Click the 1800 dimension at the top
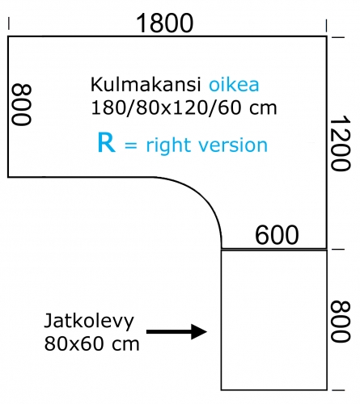(x=165, y=23)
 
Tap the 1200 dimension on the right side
(x=341, y=144)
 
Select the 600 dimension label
(x=277, y=235)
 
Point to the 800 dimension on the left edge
(x=22, y=104)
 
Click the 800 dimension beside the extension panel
(x=341, y=322)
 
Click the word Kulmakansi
(x=146, y=84)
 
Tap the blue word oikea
(x=234, y=84)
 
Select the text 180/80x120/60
(x=166, y=107)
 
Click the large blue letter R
(x=107, y=142)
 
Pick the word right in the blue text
(x=169, y=145)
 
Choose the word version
(x=233, y=145)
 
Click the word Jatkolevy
(x=89, y=322)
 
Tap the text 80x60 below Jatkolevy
(x=73, y=343)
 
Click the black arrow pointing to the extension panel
(x=176, y=331)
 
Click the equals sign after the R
(x=131, y=146)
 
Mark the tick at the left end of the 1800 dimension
(x=9, y=23)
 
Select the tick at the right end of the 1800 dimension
(x=326, y=26)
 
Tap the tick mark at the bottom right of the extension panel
(x=338, y=389)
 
